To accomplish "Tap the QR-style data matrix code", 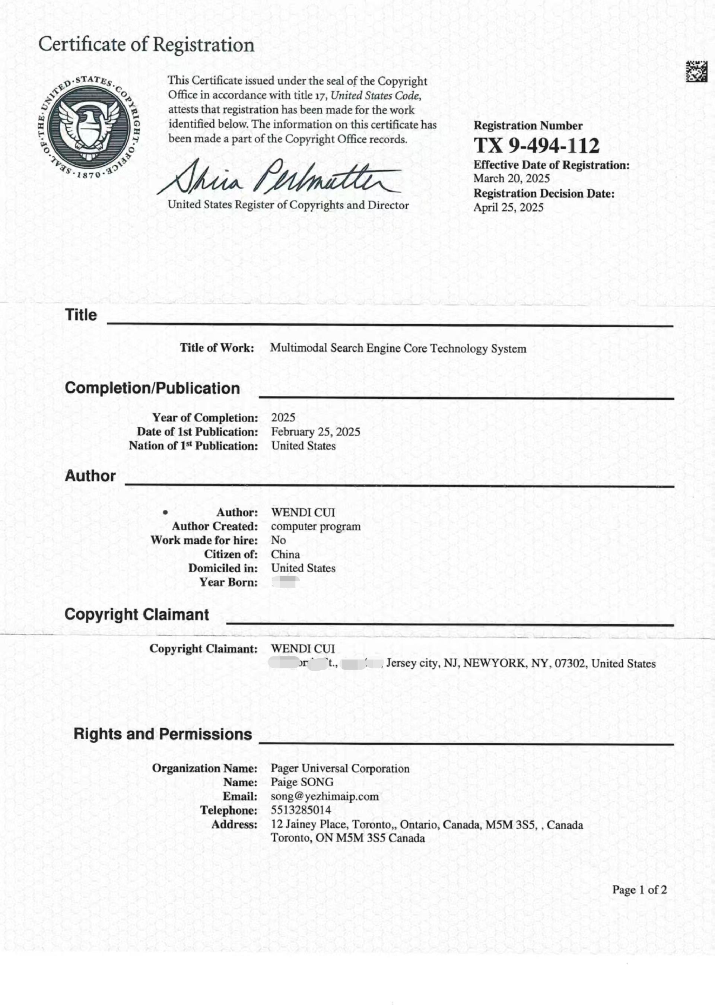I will tap(696, 71).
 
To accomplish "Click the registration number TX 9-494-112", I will tap(536, 146).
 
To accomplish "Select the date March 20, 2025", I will tap(511, 178).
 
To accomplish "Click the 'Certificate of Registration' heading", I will tap(146, 45).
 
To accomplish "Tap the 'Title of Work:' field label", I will tap(217, 348).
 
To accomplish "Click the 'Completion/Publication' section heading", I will tap(152, 388).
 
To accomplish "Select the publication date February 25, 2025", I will tap(315, 432).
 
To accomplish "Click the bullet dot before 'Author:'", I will tap(165, 512).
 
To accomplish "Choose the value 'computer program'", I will tap(315, 527).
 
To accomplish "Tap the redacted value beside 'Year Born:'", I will tap(285, 582).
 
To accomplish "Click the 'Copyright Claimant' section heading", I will tap(137, 614).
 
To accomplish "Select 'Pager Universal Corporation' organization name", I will tap(340, 769).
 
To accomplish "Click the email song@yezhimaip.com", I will tap(324, 796).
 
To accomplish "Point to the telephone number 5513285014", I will tap(301, 810).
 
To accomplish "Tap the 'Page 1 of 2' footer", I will tap(639, 890).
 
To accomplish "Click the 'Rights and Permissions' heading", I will tap(162, 734).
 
